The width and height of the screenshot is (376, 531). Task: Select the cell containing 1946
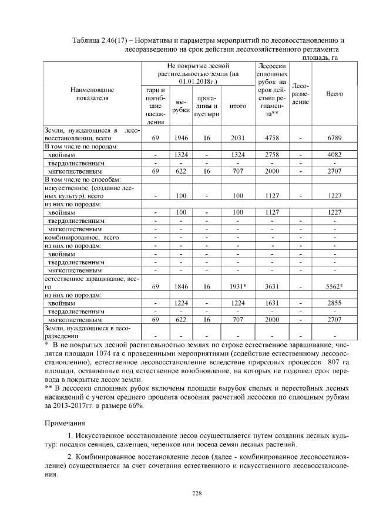(181, 138)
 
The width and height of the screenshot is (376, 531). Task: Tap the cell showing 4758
(271, 138)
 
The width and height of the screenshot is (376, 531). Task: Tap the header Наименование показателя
(92, 94)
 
